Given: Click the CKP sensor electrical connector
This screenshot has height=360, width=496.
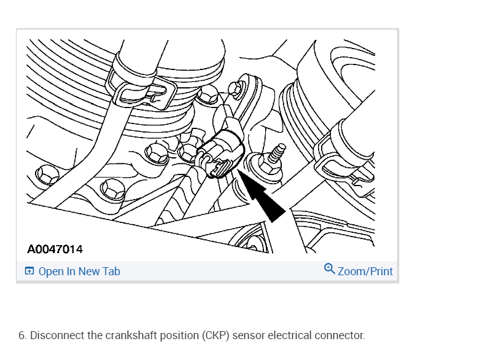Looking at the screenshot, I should click(x=223, y=154).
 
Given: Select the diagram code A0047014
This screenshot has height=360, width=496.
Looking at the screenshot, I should click(x=55, y=249).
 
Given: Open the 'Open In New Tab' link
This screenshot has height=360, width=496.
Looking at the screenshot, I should click(x=79, y=271).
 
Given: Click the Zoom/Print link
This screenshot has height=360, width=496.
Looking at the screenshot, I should click(x=365, y=271).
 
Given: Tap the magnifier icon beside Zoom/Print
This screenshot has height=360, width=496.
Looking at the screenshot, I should click(x=330, y=270).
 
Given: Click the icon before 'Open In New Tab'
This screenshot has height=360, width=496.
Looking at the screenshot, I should click(x=29, y=271).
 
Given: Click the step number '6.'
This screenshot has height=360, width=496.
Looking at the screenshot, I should click(x=23, y=335).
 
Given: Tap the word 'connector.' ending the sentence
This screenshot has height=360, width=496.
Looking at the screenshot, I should click(x=339, y=335).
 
